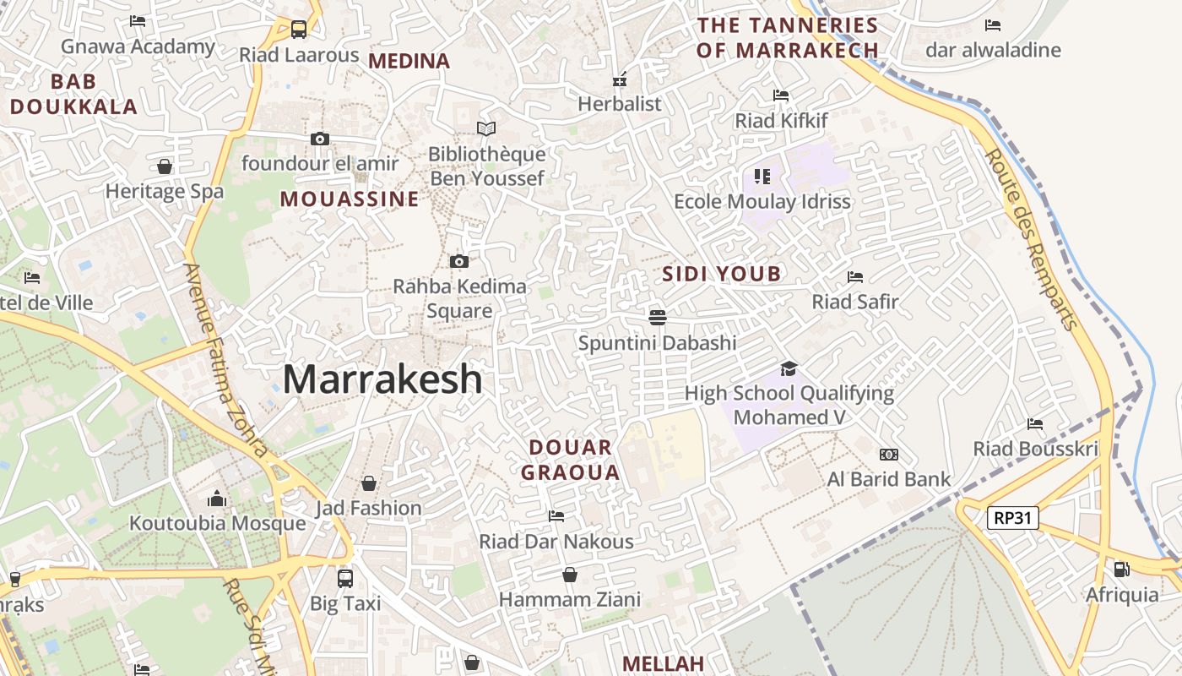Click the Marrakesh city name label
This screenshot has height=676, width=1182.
[x=382, y=379]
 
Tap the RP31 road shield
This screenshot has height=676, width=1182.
[x=1012, y=518]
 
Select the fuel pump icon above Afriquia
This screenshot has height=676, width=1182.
[x=1121, y=570]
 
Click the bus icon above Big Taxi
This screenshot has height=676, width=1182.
[x=345, y=579]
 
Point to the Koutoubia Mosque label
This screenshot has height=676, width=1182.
[x=217, y=523]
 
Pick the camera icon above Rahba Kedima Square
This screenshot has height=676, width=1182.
[x=459, y=261]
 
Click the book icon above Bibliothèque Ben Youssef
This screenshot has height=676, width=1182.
[x=486, y=128]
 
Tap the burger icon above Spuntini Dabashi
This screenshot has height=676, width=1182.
[x=658, y=317]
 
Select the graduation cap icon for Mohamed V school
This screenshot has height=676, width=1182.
[x=789, y=368]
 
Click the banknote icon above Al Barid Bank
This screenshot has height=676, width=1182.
[x=888, y=455]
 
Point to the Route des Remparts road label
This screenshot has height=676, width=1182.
[x=1032, y=239]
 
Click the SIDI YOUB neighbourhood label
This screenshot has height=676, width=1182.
[x=721, y=274]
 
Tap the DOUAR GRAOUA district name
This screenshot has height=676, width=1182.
[x=571, y=460]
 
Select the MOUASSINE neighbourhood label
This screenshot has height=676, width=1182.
[x=350, y=199]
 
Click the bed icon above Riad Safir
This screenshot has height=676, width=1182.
[x=854, y=276]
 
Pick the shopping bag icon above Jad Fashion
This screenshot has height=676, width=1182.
[x=368, y=483]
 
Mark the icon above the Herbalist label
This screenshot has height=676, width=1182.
[x=620, y=80]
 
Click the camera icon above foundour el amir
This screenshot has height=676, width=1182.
[x=320, y=139]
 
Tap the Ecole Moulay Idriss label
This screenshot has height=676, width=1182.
[x=762, y=202]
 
